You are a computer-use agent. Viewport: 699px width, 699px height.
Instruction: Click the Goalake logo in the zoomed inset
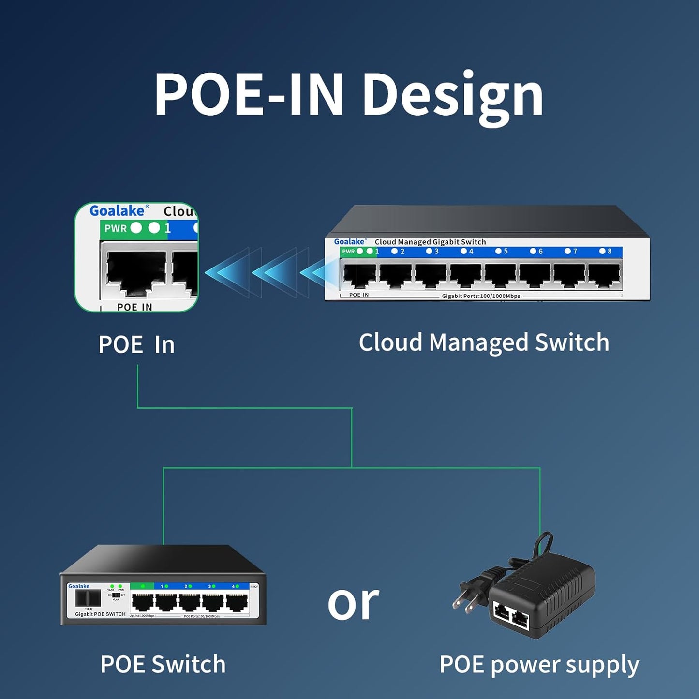click(x=117, y=211)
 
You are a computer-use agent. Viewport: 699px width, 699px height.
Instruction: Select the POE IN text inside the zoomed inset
click(x=134, y=307)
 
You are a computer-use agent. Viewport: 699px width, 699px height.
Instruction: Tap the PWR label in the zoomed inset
click(x=116, y=228)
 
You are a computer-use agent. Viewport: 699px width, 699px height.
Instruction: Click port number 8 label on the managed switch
click(x=609, y=251)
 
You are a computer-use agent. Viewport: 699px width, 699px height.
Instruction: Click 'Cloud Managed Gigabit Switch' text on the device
click(x=430, y=242)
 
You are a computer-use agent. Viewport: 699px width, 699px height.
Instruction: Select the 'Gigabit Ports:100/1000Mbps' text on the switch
click(x=481, y=296)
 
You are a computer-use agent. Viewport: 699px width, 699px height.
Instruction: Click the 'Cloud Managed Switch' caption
click(x=484, y=342)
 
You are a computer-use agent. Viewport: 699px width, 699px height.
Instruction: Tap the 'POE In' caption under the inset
click(x=136, y=345)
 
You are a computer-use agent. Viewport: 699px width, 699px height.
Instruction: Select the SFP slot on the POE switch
click(x=88, y=598)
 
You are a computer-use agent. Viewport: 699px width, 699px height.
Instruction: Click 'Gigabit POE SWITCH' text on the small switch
click(x=100, y=614)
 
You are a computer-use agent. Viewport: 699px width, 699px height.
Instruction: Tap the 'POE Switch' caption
click(x=163, y=664)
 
